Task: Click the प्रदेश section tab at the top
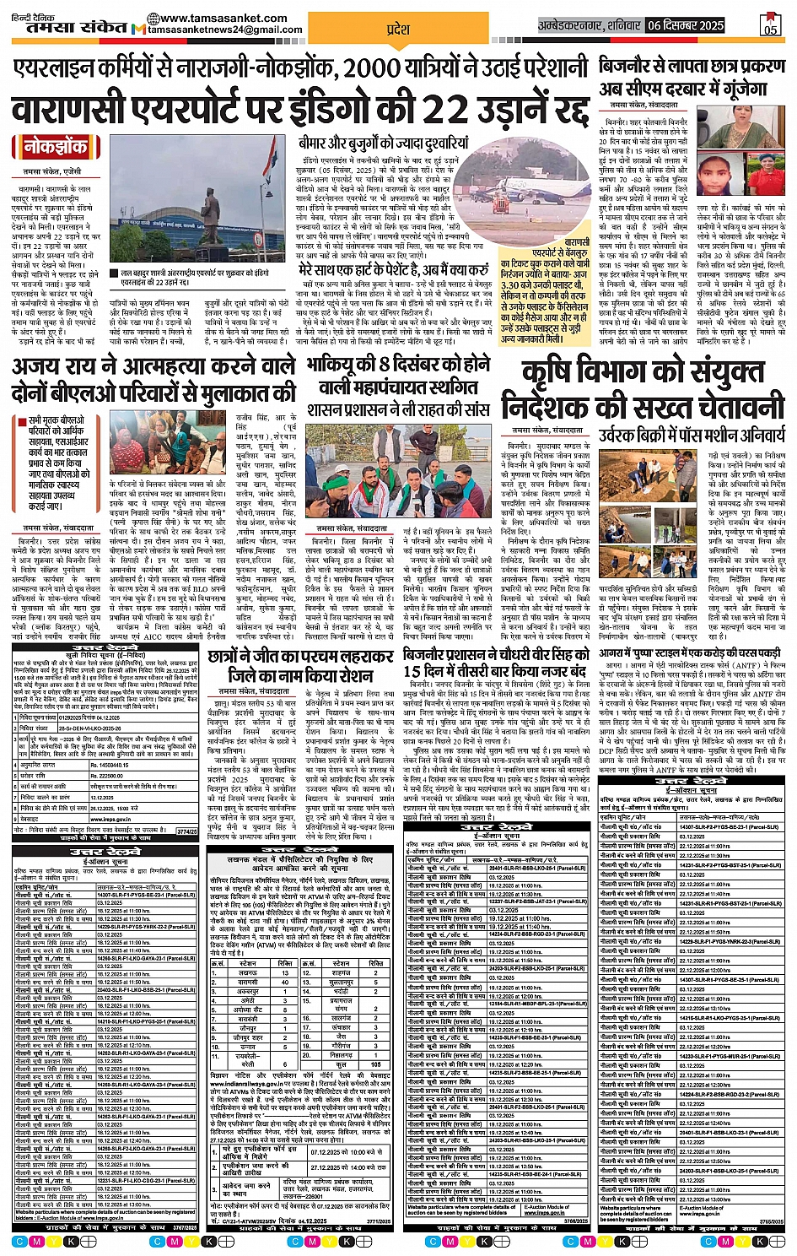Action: pyautogui.click(x=397, y=29)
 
